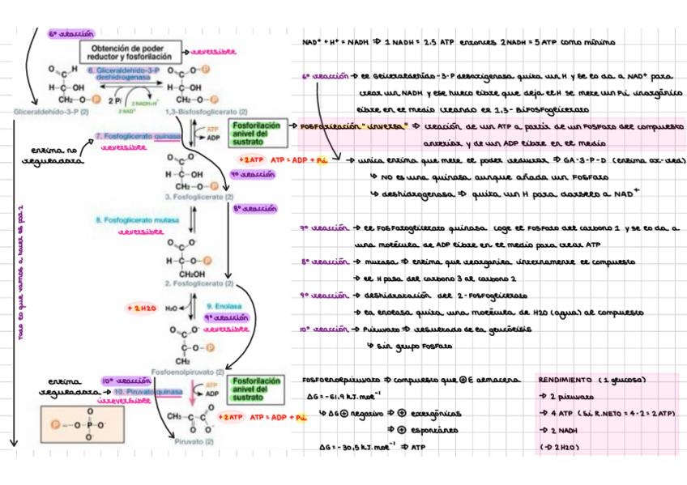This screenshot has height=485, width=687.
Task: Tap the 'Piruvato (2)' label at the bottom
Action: click(194, 442)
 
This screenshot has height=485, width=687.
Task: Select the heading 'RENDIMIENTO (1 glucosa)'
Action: click(597, 380)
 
